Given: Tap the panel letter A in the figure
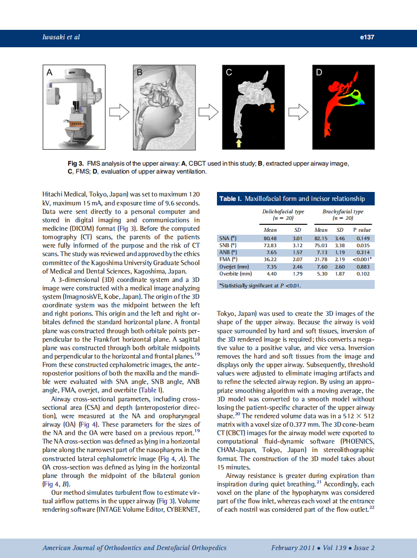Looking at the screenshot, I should (x=49, y=73).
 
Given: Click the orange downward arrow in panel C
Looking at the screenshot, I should (x=272, y=108).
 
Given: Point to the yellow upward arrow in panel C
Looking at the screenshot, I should (x=239, y=143).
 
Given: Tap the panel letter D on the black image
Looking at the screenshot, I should (x=319, y=73).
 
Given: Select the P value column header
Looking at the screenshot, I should (x=362, y=230).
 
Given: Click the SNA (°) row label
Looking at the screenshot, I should (x=228, y=238).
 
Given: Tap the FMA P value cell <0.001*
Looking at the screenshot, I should (x=362, y=259).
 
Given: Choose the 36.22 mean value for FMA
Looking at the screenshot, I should (x=270, y=259).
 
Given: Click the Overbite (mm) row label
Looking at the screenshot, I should (x=235, y=274).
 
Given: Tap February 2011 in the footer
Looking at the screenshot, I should (x=293, y=548).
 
